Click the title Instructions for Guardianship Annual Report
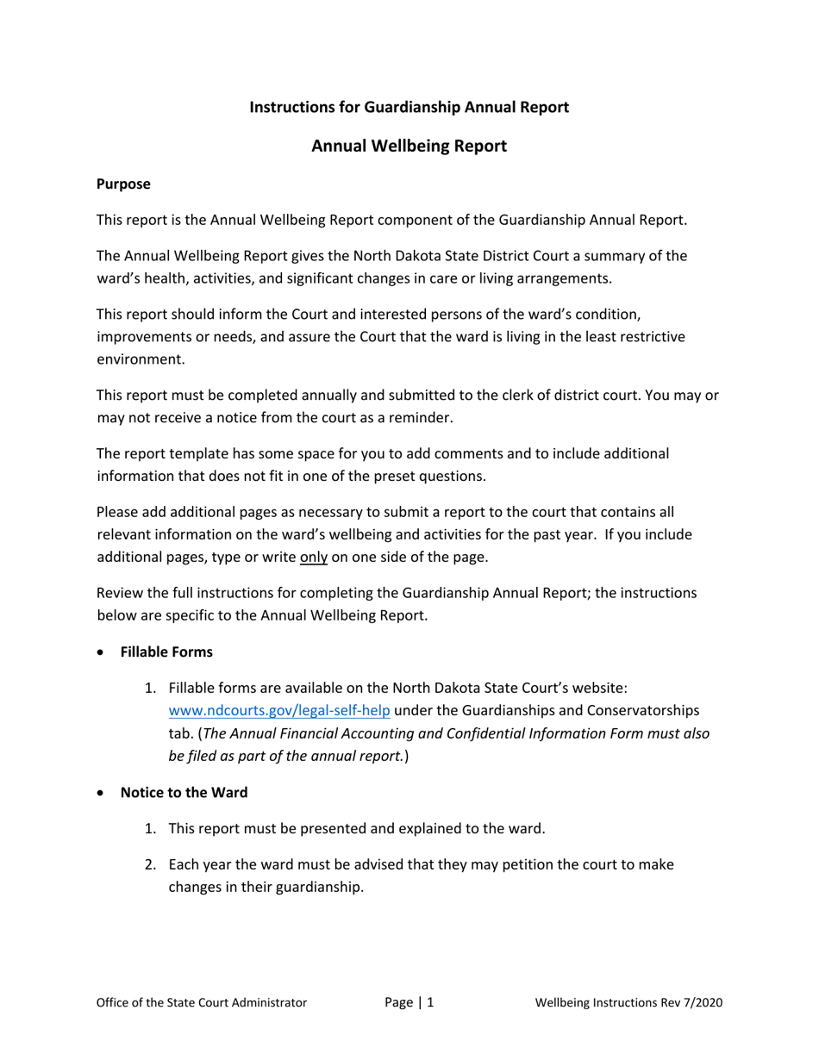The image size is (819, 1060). pos(409,107)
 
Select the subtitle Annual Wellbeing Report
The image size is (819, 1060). pos(409,147)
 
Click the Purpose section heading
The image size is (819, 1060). pos(123,184)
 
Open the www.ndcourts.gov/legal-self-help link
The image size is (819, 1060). pos(279,710)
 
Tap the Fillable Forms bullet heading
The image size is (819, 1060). pos(166,652)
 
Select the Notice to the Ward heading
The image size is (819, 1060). pos(184,792)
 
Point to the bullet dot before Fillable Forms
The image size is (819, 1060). pos(103,652)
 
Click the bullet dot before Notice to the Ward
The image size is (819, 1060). pos(103,793)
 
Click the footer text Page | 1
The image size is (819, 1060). pos(409,1002)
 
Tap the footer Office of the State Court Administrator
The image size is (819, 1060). pos(202,1002)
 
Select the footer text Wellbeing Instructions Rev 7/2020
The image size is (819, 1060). pos(628,1002)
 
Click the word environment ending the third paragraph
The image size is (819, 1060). pos(140,359)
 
